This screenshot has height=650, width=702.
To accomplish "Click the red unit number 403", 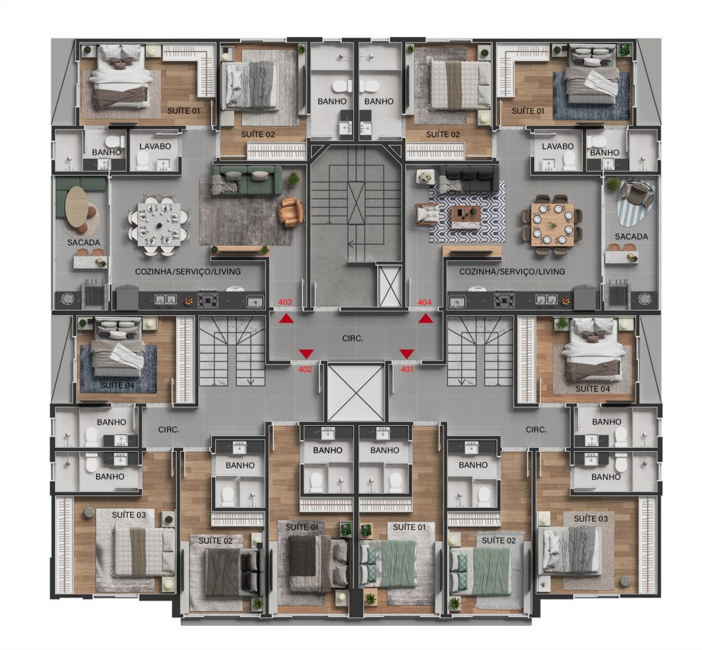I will (x=285, y=302).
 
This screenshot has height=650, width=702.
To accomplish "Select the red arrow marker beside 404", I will (x=426, y=318).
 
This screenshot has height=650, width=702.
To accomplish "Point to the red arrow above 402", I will (x=306, y=354).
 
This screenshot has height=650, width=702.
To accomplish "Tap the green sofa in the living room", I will (x=247, y=180).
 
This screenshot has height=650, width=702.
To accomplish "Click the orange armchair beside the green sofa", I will (x=291, y=212).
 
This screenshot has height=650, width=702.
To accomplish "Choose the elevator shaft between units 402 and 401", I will (x=356, y=392).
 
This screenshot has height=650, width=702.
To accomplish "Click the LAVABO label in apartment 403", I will (x=155, y=147).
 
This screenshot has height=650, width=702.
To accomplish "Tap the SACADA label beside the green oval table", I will (x=84, y=243).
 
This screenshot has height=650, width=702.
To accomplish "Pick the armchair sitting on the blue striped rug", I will (x=639, y=193).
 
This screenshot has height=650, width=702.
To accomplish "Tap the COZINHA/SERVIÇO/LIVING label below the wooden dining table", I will (x=511, y=272).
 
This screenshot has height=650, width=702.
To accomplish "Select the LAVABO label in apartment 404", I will (x=557, y=147).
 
